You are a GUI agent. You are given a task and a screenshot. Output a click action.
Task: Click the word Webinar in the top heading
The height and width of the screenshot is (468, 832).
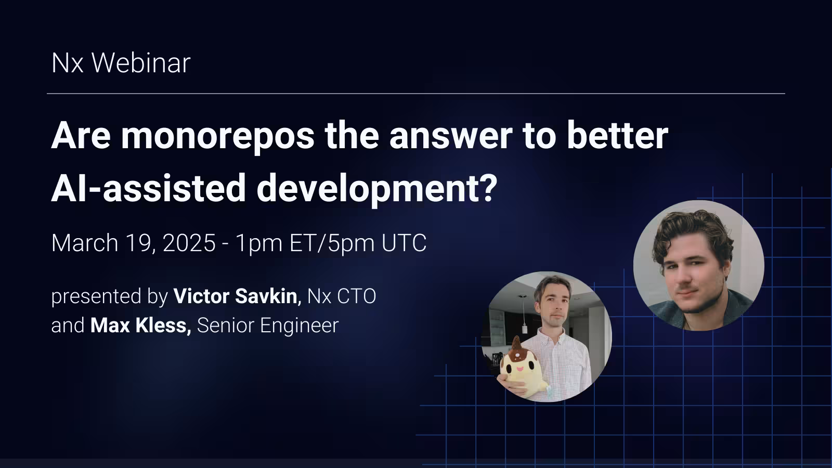[141, 63]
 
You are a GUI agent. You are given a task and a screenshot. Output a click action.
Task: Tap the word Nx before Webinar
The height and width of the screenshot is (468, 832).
[68, 63]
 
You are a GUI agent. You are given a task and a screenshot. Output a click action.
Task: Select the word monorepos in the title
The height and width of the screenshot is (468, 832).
[218, 135]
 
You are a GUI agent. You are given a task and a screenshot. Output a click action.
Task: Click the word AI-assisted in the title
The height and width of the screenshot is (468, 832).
[148, 188]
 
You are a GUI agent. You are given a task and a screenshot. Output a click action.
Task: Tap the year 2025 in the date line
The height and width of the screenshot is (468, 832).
[189, 243]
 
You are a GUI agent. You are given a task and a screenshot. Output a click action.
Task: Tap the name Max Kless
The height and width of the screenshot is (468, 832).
[140, 326]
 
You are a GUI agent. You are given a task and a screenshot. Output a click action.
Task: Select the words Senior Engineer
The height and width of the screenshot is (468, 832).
[268, 326]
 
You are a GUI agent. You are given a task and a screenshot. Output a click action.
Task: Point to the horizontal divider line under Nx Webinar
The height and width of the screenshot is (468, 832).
[416, 94]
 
